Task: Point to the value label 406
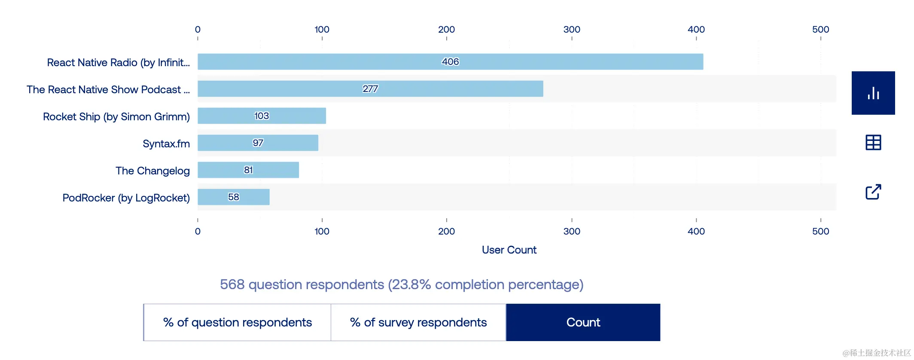point(450,62)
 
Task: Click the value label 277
point(370,89)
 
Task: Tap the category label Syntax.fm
point(166,143)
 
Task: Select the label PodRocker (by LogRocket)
point(126,198)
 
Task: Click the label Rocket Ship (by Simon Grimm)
point(116,116)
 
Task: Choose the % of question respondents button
point(237,322)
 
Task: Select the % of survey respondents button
point(418,322)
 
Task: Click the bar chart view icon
point(873,93)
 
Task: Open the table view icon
point(873,142)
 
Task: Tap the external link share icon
point(873,192)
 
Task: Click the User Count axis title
point(509,250)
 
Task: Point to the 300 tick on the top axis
point(572,30)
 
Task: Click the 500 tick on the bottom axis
point(820,231)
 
